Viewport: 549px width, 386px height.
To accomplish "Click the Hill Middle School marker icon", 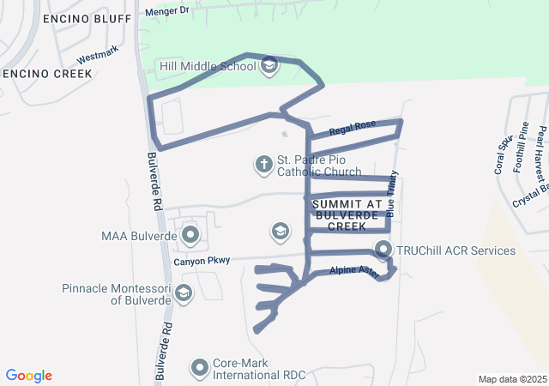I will [269, 66].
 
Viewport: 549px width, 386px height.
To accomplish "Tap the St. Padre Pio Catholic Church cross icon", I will [264, 163].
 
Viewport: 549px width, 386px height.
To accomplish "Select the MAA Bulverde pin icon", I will [190, 234].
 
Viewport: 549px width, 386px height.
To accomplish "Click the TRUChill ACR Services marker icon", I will [383, 250].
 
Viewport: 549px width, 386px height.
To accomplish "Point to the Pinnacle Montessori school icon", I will [183, 294].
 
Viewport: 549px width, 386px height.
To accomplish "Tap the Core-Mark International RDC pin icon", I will [200, 367].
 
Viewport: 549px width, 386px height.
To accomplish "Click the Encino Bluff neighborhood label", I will [68, 18].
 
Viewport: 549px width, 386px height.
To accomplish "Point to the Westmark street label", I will [96, 57].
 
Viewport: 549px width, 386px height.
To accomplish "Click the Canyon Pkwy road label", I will [202, 261].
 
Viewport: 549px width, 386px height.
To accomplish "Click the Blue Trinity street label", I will [392, 196].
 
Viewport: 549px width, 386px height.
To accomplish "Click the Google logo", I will [29, 376].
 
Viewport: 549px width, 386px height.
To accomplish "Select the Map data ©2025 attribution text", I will [511, 379].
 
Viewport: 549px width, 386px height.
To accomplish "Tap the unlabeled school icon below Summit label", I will [279, 230].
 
